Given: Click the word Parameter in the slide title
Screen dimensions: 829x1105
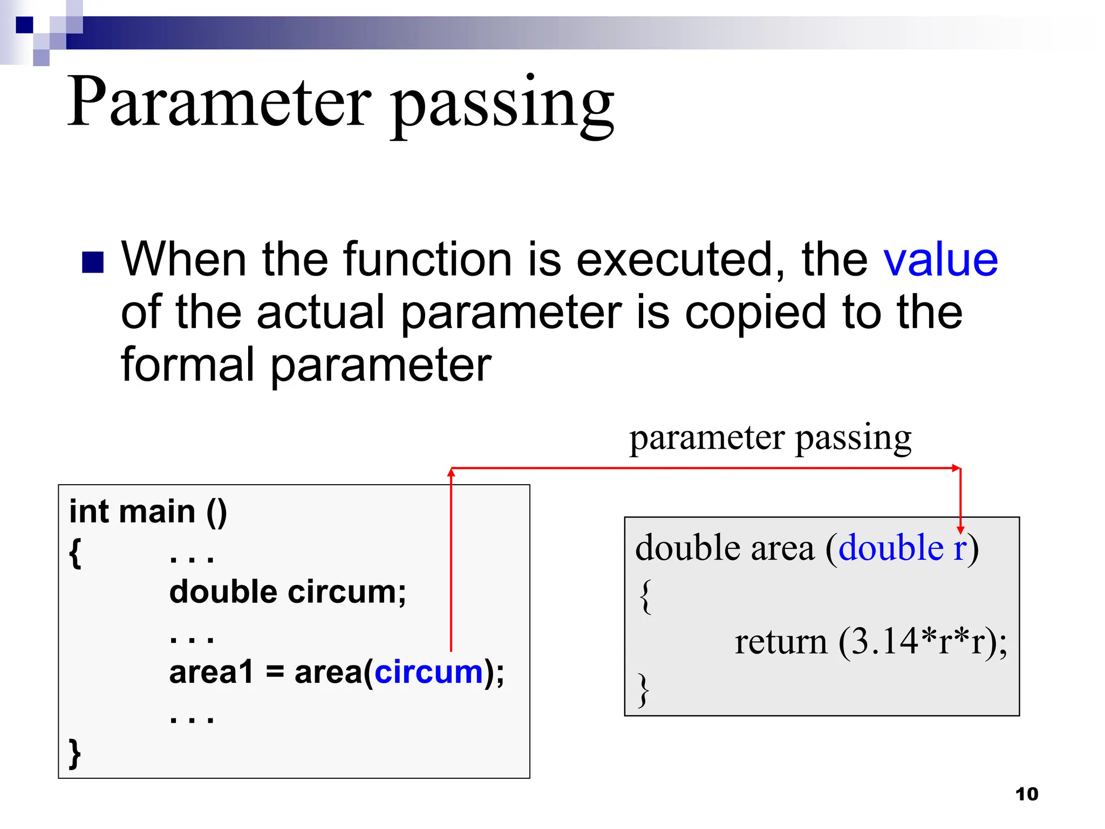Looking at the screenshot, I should (219, 103).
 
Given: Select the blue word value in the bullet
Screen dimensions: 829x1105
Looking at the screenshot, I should (940, 260).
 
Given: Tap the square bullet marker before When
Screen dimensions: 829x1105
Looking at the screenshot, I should (93, 263).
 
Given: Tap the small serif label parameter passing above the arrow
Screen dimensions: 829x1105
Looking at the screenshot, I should (770, 438).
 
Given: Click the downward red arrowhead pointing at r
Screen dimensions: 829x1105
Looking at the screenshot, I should (960, 529).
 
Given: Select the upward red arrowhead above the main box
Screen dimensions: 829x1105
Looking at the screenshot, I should (452, 473).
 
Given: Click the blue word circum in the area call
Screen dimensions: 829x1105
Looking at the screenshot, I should (429, 672).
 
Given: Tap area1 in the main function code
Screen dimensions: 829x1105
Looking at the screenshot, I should (211, 672).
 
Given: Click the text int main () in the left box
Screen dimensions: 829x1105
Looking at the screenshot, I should (148, 512).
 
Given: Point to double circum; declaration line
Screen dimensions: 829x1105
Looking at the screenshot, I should (288, 592).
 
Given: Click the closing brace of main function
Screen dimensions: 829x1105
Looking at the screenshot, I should (75, 753).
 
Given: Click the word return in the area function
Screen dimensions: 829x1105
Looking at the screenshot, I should (781, 642).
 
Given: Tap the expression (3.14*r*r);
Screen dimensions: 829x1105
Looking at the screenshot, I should (923, 642).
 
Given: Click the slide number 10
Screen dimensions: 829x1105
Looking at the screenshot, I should (1026, 794).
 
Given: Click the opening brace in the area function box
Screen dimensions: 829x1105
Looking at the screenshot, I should (645, 596).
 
